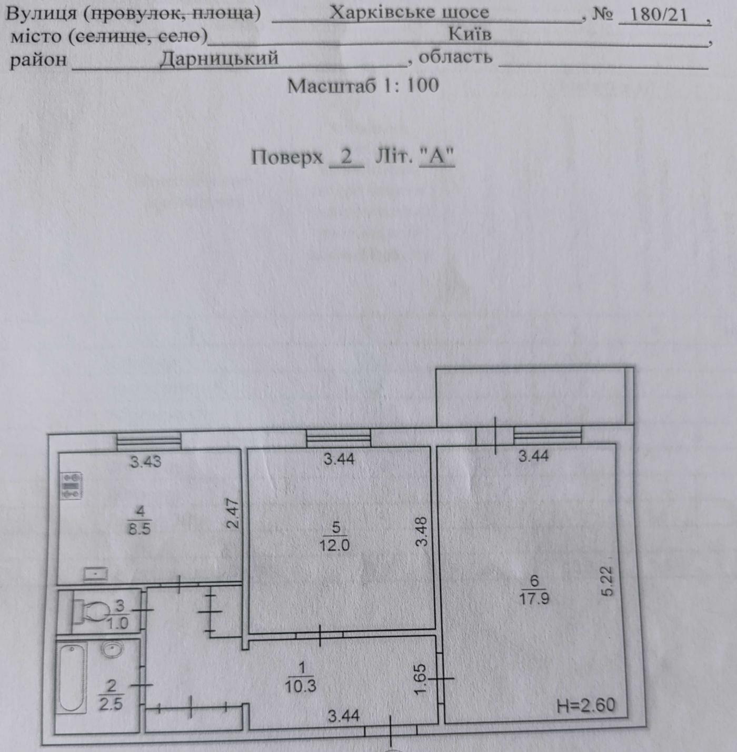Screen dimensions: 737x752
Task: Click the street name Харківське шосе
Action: (409, 13)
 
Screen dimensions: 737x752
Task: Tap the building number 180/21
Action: (659, 15)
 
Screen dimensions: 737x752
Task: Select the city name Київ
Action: (470, 34)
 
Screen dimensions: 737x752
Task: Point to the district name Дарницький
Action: (219, 58)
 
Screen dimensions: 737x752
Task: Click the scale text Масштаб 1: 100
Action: (363, 85)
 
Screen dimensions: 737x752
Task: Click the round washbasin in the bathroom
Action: (113, 650)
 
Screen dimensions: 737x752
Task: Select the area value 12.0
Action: (334, 544)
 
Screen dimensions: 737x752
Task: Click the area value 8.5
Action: (140, 529)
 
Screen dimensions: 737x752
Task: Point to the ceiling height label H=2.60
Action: (585, 705)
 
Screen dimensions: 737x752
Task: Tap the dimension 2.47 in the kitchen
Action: (233, 513)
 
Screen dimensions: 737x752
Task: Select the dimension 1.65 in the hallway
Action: (420, 679)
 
